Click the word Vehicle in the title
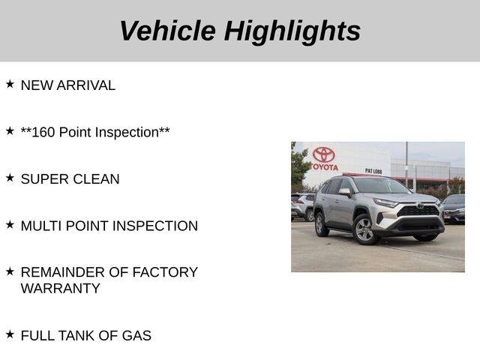(x=168, y=31)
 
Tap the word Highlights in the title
(x=292, y=32)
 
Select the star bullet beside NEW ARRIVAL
(x=10, y=84)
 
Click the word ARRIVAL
(x=86, y=85)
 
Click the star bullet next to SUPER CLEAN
(x=10, y=178)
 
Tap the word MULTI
(x=41, y=226)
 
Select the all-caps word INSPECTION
(x=155, y=226)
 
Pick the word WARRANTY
(x=61, y=288)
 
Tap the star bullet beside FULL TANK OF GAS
(x=10, y=334)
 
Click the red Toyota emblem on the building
(x=323, y=154)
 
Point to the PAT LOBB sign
(x=373, y=171)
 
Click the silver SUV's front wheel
(x=364, y=229)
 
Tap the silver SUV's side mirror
(x=345, y=192)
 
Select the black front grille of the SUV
(x=418, y=211)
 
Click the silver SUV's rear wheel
(x=320, y=225)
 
